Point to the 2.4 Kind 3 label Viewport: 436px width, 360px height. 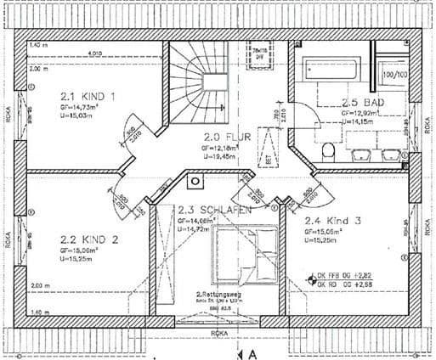[332, 221]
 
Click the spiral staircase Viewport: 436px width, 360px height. [199, 81]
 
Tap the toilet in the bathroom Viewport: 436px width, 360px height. [328, 150]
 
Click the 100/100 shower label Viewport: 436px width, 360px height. [394, 75]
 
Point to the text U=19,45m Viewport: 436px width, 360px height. [219, 156]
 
